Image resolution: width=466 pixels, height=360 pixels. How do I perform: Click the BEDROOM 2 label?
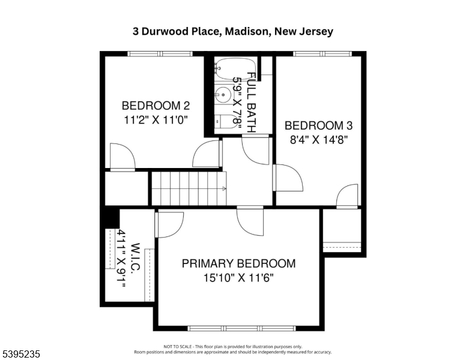pos(156,106)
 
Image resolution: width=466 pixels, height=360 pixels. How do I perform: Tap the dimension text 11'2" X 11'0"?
pos(156,120)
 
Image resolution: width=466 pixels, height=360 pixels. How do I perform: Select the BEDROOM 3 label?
pos(319,125)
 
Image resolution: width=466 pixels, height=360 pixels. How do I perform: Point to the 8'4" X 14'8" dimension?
pos(319,139)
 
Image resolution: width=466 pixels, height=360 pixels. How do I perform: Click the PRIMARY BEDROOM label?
pos(238,263)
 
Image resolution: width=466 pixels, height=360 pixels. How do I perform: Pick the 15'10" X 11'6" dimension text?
pos(238,278)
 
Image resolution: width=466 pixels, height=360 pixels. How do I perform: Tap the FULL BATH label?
pos(252,103)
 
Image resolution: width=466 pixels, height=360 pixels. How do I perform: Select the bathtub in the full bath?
pos(235,69)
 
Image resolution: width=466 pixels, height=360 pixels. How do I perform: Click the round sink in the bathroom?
pos(223,95)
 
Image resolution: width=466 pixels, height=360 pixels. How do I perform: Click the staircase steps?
pos(189,188)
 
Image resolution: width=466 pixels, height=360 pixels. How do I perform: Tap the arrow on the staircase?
pos(224,188)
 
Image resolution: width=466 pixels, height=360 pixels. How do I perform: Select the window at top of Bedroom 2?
pos(160,54)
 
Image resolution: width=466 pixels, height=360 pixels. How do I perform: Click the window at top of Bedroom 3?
pos(322,54)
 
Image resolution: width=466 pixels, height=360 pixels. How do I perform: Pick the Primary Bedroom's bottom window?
pos(241,328)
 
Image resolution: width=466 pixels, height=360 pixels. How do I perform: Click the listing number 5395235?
pos(21,354)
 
